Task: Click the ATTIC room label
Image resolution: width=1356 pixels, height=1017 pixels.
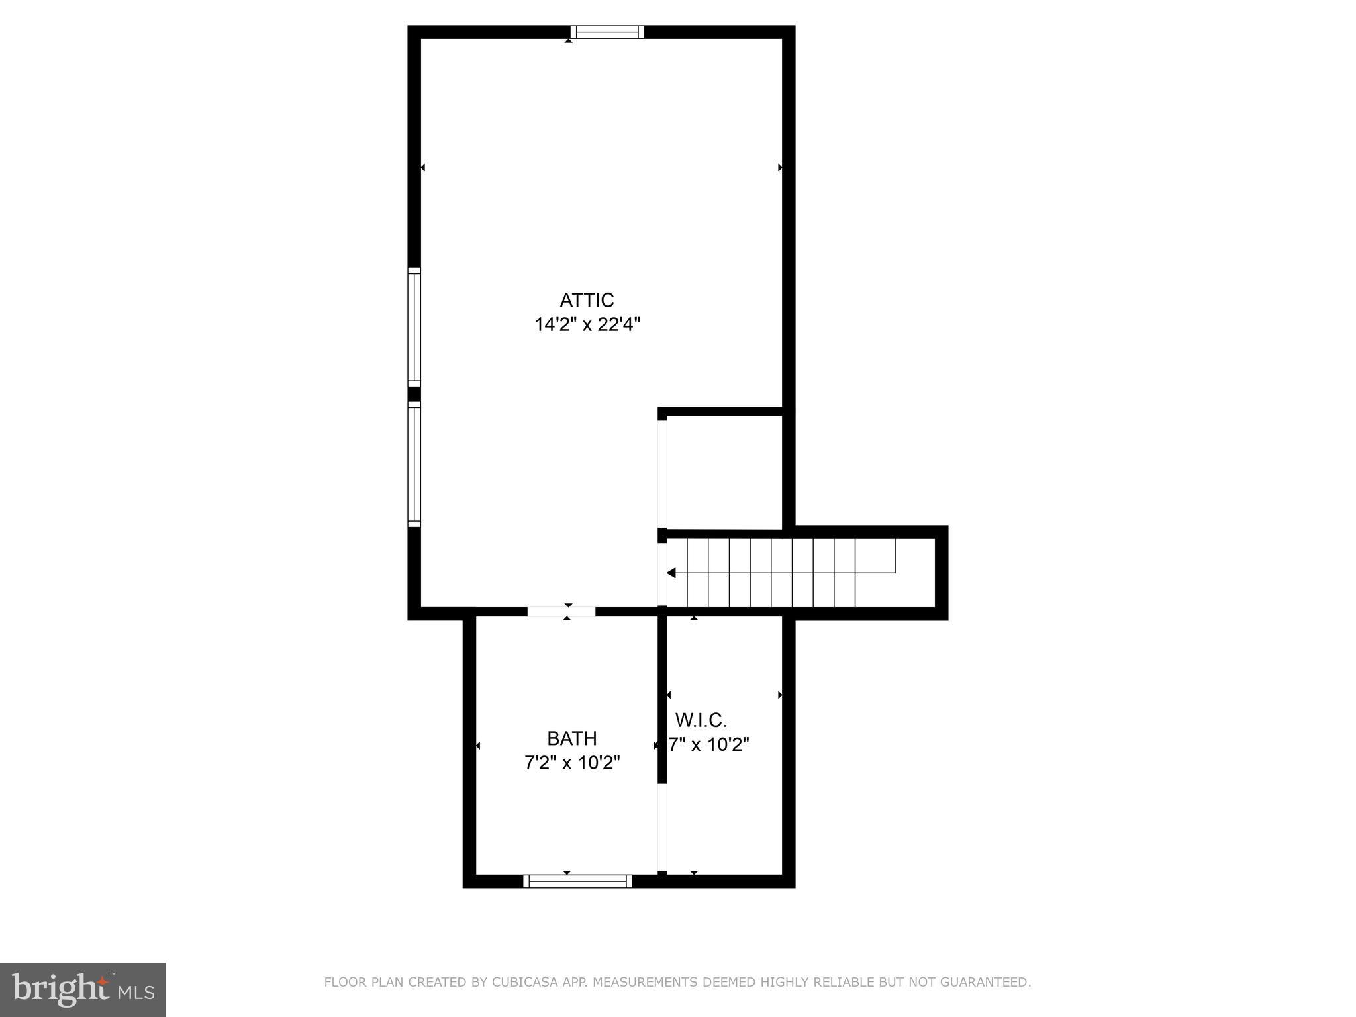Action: click(x=587, y=300)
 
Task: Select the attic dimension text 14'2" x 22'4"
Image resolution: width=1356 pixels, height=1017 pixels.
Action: click(x=587, y=325)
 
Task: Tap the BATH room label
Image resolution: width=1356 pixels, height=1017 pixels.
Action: click(x=571, y=738)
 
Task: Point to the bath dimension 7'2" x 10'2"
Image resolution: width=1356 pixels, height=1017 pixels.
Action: click(x=572, y=763)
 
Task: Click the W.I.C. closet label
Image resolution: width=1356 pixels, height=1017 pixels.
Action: click(x=701, y=720)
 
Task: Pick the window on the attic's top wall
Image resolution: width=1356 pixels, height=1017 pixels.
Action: click(x=607, y=32)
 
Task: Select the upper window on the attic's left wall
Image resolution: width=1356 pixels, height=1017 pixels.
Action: click(x=414, y=327)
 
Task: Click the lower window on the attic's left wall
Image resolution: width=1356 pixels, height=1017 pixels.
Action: click(x=414, y=464)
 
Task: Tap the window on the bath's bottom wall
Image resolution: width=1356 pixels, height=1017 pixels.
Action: click(x=577, y=881)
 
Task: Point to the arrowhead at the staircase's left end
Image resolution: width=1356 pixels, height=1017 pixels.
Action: click(x=671, y=573)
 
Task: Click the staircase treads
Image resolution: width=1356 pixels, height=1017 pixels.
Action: click(x=781, y=573)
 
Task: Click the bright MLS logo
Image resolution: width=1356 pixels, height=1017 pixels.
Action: click(x=83, y=989)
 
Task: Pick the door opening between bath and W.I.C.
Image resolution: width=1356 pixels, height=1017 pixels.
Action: click(x=661, y=828)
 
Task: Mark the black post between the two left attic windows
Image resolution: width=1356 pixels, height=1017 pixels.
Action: click(x=414, y=394)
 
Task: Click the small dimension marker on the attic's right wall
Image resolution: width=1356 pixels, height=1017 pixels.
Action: click(x=780, y=168)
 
